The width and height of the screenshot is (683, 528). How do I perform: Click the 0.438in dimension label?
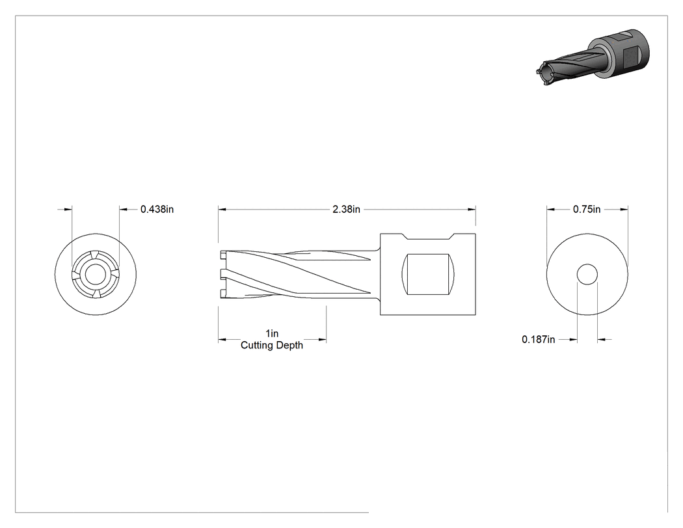click(x=157, y=209)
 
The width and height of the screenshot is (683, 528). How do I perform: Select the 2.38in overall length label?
click(x=346, y=209)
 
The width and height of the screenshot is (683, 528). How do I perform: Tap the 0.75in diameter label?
click(x=586, y=209)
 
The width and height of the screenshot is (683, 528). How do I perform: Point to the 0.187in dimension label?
click(x=539, y=339)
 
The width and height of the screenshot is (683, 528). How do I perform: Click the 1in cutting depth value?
click(x=272, y=333)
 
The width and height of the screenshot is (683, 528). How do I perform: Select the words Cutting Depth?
click(x=272, y=345)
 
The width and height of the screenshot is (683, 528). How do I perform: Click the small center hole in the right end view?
click(x=587, y=274)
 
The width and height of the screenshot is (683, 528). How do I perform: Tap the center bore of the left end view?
click(x=95, y=275)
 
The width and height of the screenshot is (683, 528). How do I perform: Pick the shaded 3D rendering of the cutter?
click(x=593, y=56)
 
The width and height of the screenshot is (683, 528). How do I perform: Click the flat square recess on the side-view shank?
click(x=428, y=274)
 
